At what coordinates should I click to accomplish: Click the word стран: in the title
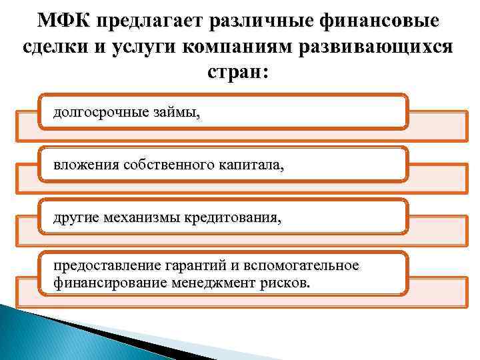[240, 75]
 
